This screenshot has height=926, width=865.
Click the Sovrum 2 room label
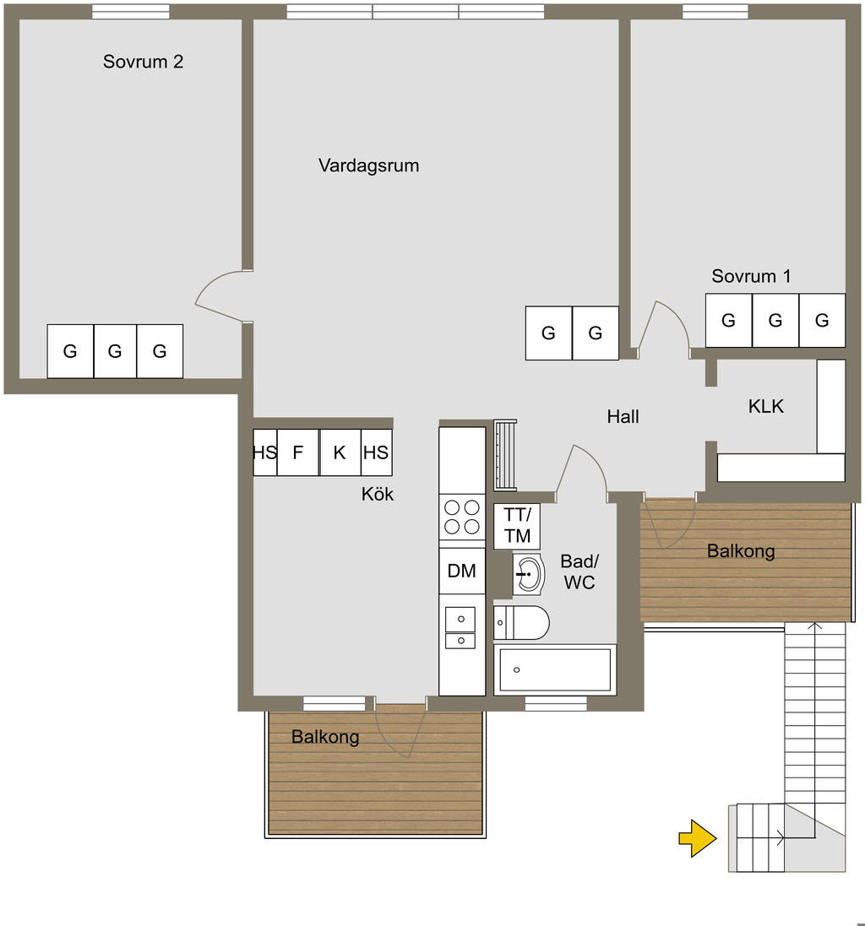click(x=143, y=62)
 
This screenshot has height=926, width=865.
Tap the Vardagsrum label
click(x=368, y=165)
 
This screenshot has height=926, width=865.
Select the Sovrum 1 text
click(x=751, y=276)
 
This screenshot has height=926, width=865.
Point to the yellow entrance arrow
click(x=698, y=838)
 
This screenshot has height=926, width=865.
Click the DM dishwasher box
click(x=462, y=571)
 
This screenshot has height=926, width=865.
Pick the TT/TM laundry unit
click(x=517, y=526)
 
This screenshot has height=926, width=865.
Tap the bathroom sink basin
click(x=528, y=574)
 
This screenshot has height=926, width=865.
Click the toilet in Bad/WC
click(x=521, y=622)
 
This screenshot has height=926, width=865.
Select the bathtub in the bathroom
click(x=555, y=669)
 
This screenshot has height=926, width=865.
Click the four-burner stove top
click(x=462, y=517)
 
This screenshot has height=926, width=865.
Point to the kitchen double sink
click(x=460, y=628)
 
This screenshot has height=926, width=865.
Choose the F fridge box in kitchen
click(x=298, y=452)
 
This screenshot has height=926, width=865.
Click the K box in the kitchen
click(x=340, y=452)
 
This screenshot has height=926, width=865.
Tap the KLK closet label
click(x=765, y=406)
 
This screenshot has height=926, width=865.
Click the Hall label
click(x=623, y=417)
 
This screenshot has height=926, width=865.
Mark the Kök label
click(x=378, y=494)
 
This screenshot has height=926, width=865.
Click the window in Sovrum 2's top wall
click(x=131, y=12)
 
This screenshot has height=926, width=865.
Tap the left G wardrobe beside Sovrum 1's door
click(x=549, y=333)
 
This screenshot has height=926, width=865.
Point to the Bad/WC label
click(x=579, y=571)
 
